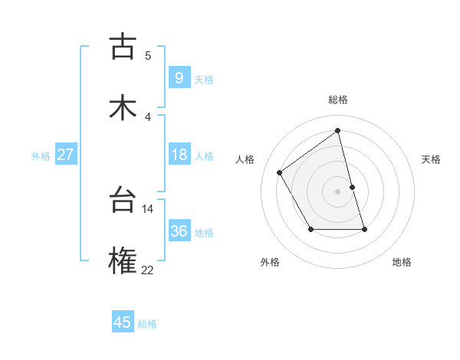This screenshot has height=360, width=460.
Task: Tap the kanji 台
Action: pos(123,201)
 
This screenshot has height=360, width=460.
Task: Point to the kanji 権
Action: pos(123,262)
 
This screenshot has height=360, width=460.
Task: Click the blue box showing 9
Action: pos(179,77)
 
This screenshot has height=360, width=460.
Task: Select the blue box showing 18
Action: pos(179,155)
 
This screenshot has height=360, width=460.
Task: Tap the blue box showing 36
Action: pos(179,231)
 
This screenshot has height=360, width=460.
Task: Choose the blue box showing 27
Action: pos(65,155)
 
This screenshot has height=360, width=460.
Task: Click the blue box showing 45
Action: pos(123,322)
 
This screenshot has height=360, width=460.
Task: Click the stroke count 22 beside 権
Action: pos(147,270)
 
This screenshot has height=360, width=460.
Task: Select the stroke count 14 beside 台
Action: pos(147,208)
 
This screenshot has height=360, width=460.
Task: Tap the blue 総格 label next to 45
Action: pos(147,324)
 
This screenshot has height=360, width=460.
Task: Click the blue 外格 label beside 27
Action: pos(41,156)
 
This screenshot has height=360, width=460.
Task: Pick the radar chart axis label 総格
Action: pos(337,100)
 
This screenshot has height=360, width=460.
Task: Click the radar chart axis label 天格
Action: pos(432,159)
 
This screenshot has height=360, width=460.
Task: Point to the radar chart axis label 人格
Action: pos(245,159)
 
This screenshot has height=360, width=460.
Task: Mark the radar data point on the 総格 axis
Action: pos(338,131)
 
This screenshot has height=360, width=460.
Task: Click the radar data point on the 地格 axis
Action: pos(364,229)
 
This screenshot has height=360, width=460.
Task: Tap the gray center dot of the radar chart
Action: pos(338,191)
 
